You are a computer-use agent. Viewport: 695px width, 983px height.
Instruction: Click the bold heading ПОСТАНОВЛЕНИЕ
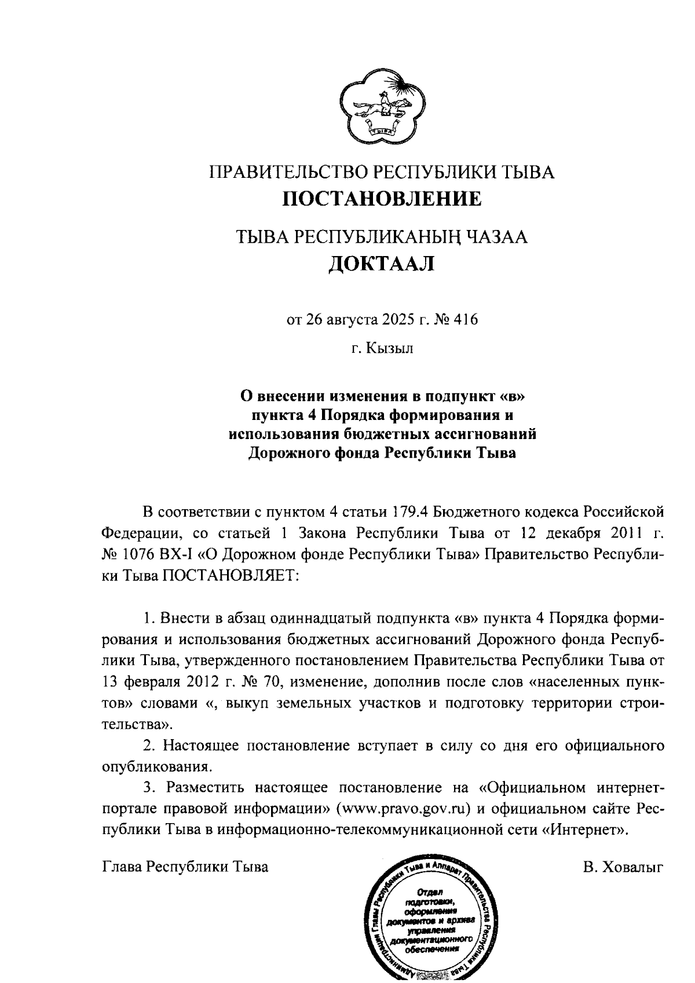click(382, 199)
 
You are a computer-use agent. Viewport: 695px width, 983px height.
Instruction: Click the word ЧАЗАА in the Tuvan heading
click(496, 237)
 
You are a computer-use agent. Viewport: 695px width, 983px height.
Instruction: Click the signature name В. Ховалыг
click(623, 867)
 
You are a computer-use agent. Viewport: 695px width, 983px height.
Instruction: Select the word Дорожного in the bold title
click(284, 452)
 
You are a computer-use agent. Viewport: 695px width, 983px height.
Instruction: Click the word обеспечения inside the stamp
click(429, 950)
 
